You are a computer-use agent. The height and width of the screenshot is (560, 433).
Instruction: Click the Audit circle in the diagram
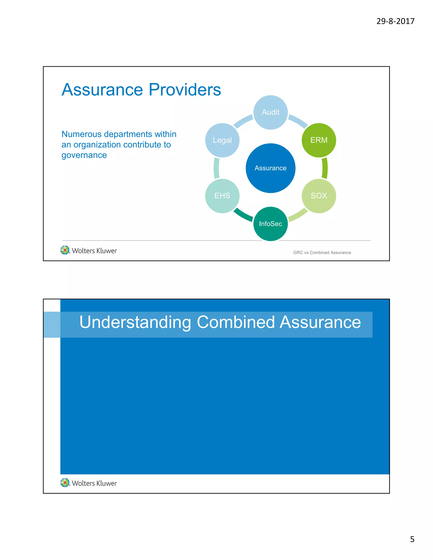[270, 112]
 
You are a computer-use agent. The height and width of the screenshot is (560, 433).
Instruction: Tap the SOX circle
[319, 196]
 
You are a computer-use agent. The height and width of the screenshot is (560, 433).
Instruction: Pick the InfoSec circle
[270, 224]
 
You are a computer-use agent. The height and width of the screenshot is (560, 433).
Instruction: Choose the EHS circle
[222, 196]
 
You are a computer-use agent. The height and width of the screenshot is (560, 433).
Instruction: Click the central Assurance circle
[270, 168]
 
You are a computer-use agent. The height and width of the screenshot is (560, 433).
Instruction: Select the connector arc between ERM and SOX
[325, 168]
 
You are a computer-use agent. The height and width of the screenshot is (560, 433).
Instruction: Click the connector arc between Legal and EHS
[216, 168]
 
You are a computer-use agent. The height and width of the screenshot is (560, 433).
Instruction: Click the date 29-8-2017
[395, 21]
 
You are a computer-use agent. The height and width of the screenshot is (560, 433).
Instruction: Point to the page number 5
[412, 539]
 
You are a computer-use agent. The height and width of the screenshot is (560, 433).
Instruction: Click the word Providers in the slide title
[185, 90]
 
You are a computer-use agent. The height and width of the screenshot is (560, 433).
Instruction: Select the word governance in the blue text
[84, 155]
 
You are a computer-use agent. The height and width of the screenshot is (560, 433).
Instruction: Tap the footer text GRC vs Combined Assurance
[322, 253]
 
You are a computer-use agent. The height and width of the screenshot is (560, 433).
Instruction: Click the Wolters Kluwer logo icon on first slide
[65, 250]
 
